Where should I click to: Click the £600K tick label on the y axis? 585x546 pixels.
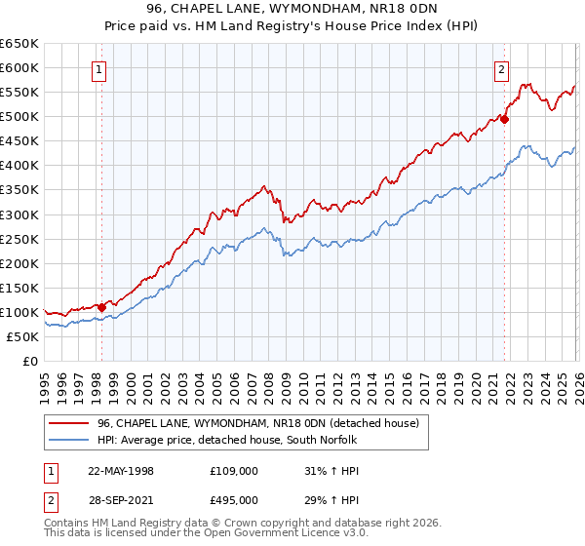19,67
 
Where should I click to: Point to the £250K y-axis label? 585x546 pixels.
19,239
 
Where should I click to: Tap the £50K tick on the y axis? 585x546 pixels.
23,336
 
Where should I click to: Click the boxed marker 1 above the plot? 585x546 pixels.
101,69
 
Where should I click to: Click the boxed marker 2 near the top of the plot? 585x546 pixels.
501,69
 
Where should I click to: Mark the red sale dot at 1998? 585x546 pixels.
102,307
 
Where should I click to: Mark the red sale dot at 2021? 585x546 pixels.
504,119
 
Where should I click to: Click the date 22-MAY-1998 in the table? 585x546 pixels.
121,471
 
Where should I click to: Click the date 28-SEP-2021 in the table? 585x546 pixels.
121,501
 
